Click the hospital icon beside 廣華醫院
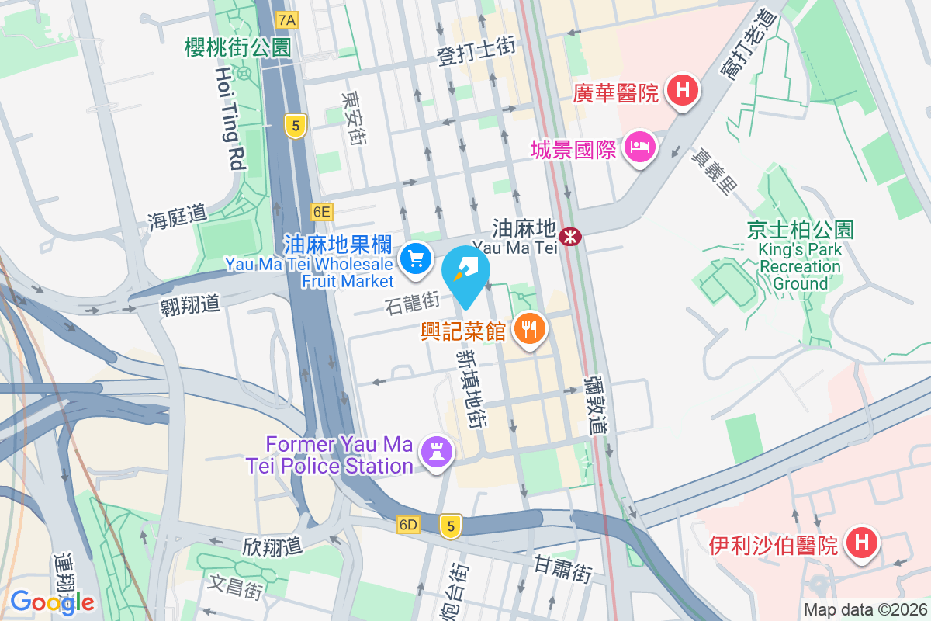coord(682,90)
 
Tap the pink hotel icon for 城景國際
coord(641,146)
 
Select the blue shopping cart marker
coord(416,258)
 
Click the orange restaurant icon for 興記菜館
coord(530,328)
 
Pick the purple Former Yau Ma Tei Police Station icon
coord(435,451)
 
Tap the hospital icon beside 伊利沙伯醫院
coord(860,541)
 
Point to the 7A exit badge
coord(287,19)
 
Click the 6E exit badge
coord(321,211)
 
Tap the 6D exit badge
coord(408,526)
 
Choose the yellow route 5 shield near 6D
coord(450,526)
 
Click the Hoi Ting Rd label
coord(230,118)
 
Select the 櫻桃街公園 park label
coord(237,48)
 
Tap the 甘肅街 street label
coord(563,569)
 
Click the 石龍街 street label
coord(412,301)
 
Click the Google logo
coord(52,602)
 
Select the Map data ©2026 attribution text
coord(865,610)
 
